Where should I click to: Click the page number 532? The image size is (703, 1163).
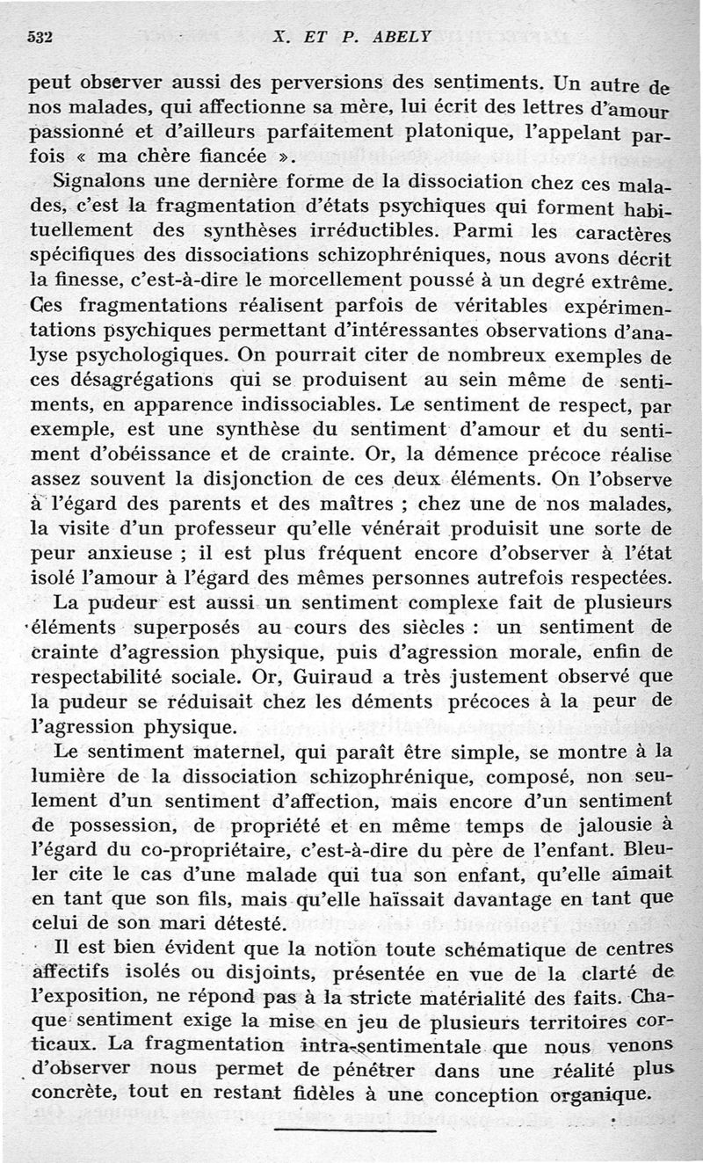pyautogui.click(x=42, y=38)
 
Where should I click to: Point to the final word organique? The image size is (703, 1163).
pyautogui.click(x=598, y=1096)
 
